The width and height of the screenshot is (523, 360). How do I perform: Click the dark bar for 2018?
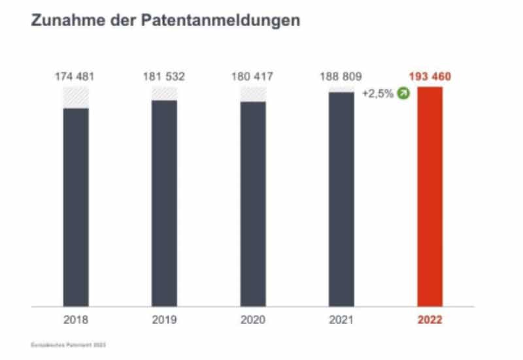76,206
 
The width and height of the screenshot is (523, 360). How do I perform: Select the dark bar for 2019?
164,203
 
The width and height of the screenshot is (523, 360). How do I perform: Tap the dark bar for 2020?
253,203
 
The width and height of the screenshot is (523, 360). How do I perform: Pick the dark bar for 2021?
341,199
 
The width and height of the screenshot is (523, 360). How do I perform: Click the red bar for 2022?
430,196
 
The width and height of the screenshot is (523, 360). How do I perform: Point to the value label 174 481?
76,76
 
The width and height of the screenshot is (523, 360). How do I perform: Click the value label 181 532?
164,76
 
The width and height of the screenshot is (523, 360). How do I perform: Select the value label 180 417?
253,76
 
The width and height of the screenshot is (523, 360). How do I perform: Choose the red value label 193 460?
430,76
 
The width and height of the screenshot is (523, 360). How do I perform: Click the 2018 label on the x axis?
76,321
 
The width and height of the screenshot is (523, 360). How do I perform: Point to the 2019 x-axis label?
164,321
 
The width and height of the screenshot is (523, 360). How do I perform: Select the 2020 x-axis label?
253,321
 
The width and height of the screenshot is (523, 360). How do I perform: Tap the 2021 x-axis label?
341,321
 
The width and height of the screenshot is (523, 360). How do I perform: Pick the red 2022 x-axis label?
430,321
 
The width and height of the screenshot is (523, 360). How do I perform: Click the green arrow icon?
404,93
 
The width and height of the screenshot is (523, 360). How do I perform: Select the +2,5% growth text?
378,93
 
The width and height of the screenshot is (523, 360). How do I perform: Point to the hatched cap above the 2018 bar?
76,97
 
